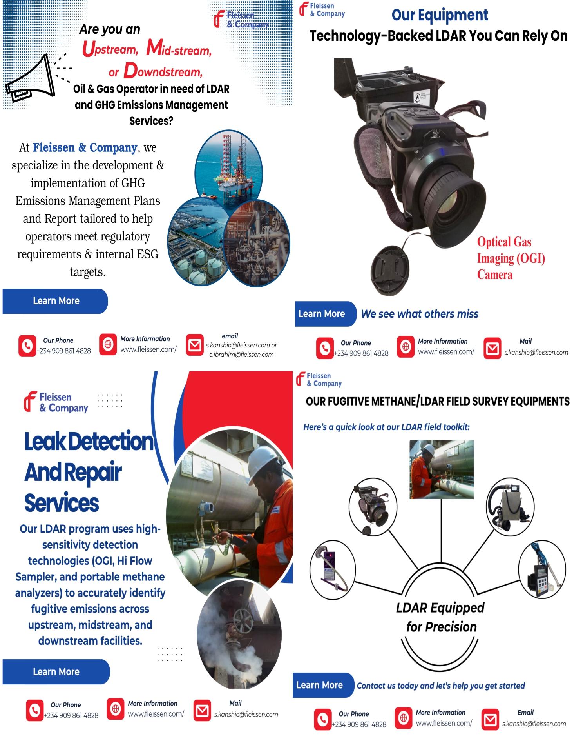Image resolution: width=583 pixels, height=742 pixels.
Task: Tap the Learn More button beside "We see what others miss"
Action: pos(322,314)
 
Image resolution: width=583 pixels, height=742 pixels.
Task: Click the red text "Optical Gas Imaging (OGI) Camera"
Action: pos(510,258)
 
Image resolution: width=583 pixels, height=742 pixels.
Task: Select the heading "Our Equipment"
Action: pos(440,15)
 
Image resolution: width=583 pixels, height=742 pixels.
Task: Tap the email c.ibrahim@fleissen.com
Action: pos(241,355)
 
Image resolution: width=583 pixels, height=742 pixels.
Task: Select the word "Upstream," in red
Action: pos(110,49)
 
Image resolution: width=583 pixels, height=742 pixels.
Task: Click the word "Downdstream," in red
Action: pos(163,71)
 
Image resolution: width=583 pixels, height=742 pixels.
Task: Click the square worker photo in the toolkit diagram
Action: pos(441,469)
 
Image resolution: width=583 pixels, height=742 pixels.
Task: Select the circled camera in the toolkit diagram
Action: pos(373,503)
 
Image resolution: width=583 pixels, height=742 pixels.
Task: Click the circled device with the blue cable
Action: pos(541,569)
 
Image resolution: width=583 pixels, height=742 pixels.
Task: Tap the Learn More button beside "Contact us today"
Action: pos(320,685)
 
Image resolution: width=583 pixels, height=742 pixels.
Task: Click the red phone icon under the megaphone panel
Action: pos(27,346)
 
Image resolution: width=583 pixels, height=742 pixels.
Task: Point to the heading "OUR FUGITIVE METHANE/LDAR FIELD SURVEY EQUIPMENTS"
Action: pos(437,401)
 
